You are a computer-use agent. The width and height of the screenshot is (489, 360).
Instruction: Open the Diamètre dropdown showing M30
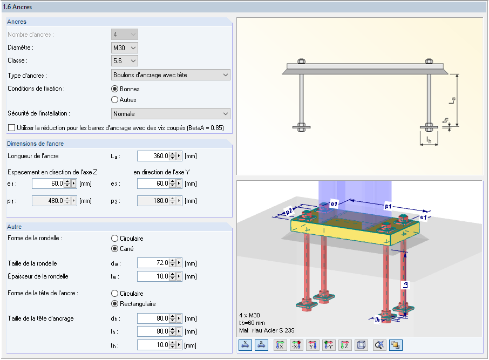coord(125,47)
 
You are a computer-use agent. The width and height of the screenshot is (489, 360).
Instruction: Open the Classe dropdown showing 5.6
coord(125,61)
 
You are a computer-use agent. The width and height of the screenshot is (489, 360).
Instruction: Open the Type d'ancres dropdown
coord(171,75)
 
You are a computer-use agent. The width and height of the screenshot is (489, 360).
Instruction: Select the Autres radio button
coord(115,100)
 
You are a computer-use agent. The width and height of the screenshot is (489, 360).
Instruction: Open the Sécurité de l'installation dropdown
coord(171,113)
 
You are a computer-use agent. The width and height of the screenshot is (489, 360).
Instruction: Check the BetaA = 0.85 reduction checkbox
coord(11,127)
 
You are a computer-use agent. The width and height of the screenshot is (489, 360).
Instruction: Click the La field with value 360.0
coord(153,156)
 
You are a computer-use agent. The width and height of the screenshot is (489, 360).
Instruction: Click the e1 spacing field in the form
coord(49,184)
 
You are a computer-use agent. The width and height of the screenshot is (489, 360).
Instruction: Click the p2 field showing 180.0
coord(153,201)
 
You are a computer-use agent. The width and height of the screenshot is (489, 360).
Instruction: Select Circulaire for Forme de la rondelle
coord(115,239)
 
